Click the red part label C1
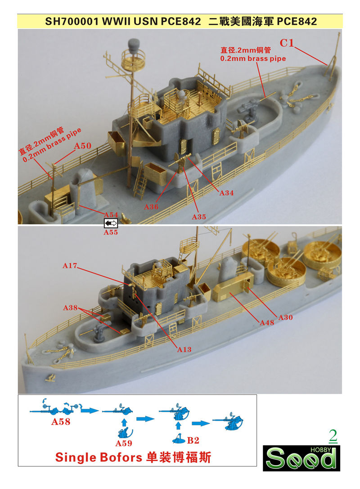click(287, 43)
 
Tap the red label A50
click(82, 146)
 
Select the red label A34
click(226, 193)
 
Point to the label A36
click(151, 207)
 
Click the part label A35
click(198, 217)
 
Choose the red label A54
click(111, 214)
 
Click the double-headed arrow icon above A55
click(111, 223)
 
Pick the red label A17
click(70, 266)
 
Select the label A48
click(267, 322)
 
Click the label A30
click(285, 317)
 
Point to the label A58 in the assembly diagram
click(61, 422)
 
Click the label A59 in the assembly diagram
click(123, 442)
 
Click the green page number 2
click(333, 435)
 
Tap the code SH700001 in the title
click(72, 21)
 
